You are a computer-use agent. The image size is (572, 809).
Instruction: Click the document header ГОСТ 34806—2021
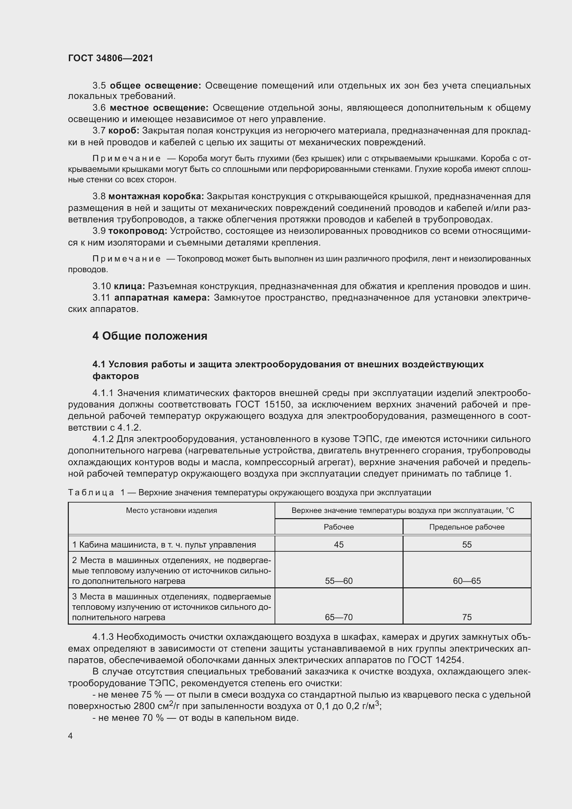click(x=111, y=58)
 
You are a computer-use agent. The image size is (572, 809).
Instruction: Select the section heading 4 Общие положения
click(x=150, y=336)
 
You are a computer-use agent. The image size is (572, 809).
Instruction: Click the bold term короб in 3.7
click(x=123, y=131)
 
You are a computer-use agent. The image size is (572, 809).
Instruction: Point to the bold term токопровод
click(x=138, y=231)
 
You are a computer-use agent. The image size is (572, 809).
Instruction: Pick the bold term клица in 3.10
click(x=129, y=286)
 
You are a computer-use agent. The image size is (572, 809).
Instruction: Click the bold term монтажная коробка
click(x=156, y=196)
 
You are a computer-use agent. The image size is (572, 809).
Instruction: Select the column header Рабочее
click(x=339, y=527)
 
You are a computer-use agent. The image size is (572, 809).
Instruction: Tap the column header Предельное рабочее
click(x=466, y=527)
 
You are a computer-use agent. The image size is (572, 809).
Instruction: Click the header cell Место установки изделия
click(x=172, y=510)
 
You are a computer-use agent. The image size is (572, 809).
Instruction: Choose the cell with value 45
click(x=339, y=544)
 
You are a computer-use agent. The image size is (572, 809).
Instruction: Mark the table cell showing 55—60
click(x=339, y=581)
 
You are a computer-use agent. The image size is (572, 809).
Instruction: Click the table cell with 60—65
click(x=466, y=581)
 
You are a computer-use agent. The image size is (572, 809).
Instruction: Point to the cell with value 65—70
click(x=339, y=617)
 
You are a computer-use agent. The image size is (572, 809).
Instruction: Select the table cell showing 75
click(x=466, y=617)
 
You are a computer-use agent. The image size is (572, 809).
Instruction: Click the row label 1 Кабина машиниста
click(x=164, y=544)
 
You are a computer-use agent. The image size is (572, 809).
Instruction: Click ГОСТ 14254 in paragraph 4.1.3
click(x=436, y=660)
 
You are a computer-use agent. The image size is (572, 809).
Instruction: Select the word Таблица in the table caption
click(x=91, y=492)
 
